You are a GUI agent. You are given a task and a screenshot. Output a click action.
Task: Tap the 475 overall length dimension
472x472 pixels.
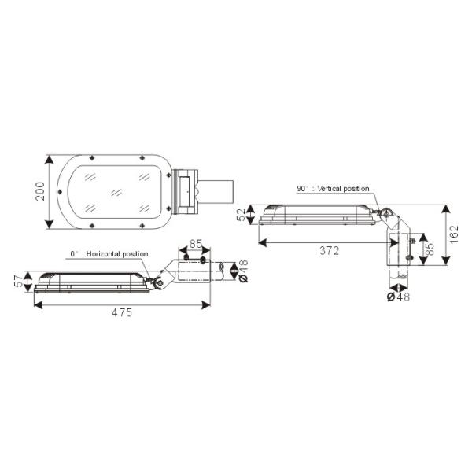pos(120,312)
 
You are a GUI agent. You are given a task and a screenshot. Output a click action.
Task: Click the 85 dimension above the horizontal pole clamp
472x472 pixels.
pos(196,244)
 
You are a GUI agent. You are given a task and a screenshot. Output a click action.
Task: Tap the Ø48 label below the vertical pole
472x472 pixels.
pos(400,297)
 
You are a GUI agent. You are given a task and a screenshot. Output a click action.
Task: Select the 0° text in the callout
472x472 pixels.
pos(76,254)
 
